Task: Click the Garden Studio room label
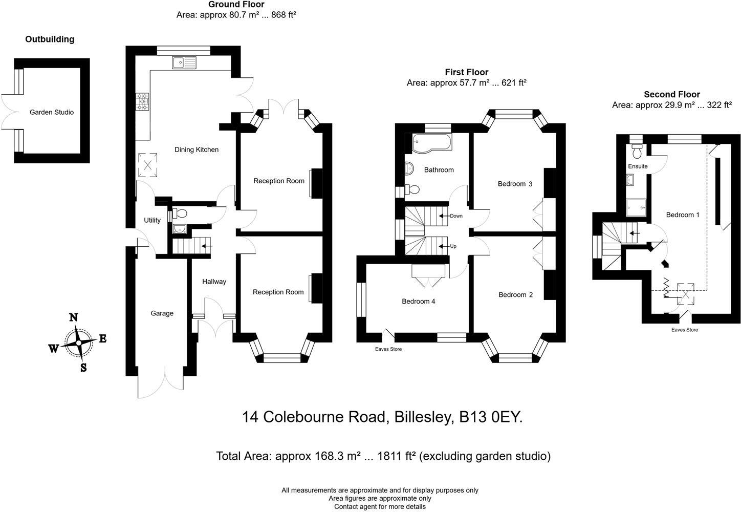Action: point(51,112)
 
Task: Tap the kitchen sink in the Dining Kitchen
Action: point(184,63)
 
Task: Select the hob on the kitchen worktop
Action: point(142,101)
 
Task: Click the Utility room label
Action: point(152,220)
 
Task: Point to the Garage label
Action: point(162,313)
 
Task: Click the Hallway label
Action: point(214,282)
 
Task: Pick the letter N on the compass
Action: point(73,317)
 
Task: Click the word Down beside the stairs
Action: point(456,216)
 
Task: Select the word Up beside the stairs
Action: point(453,246)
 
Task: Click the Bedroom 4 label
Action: point(418,302)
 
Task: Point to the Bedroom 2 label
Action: point(515,295)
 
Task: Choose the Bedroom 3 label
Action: point(515,184)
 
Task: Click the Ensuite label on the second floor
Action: point(638,166)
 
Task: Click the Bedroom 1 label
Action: point(682,215)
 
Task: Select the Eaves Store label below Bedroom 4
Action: point(388,349)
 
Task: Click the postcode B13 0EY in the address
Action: point(491,417)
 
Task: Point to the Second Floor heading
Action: point(671,94)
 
